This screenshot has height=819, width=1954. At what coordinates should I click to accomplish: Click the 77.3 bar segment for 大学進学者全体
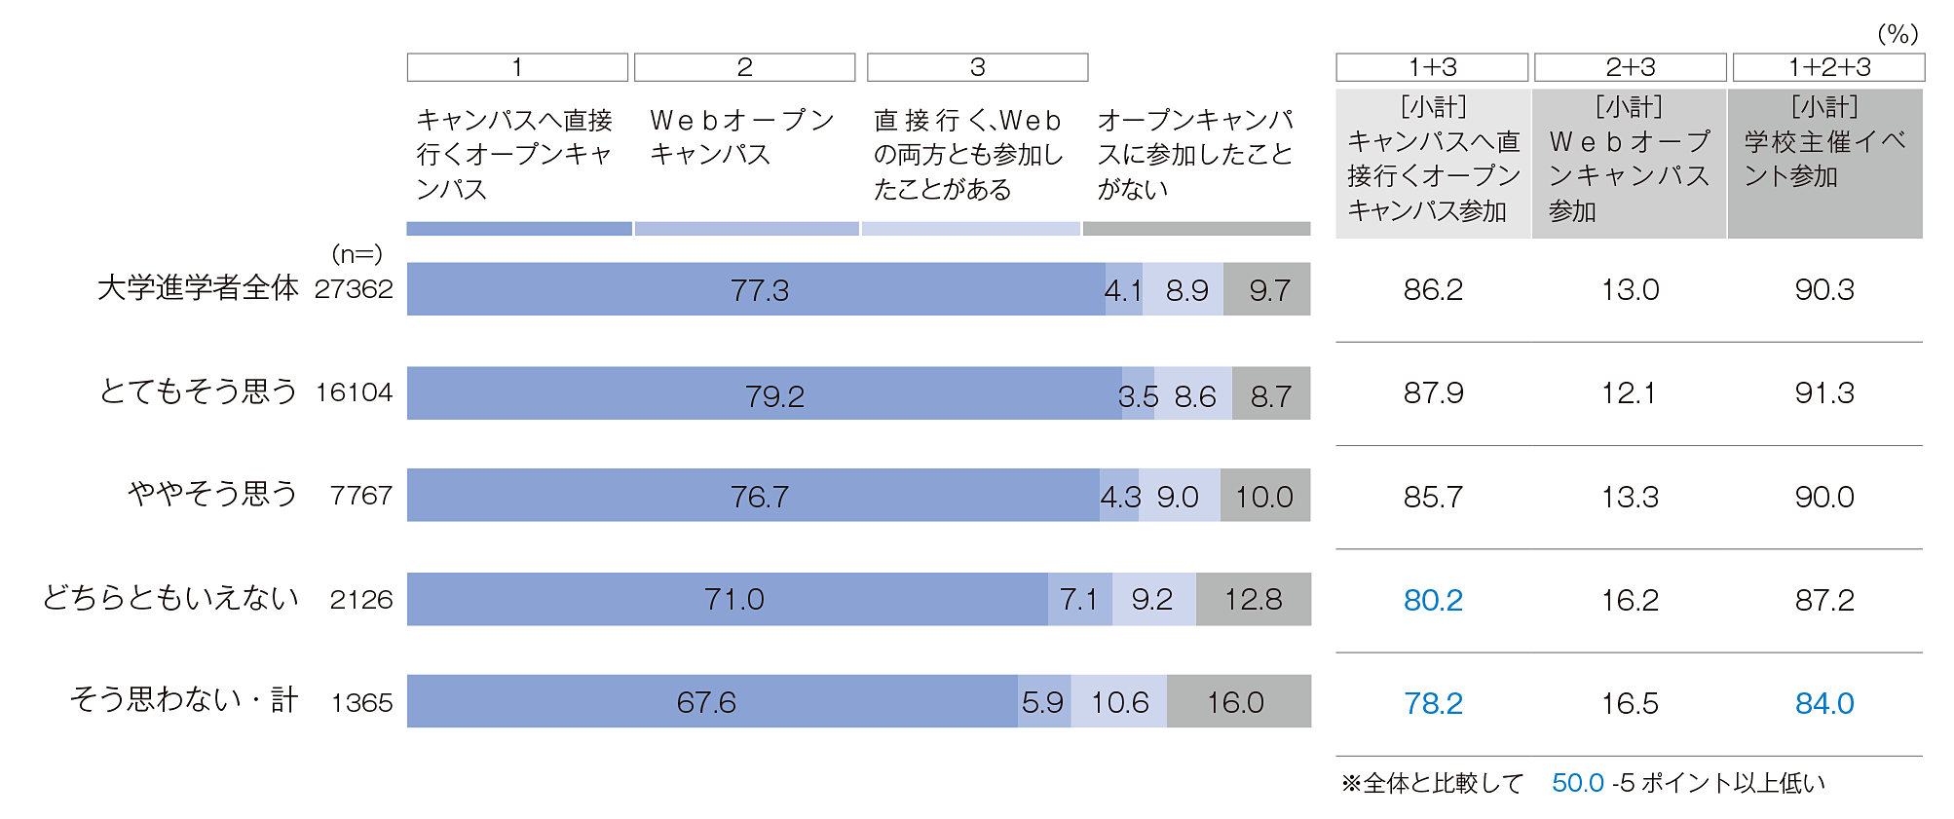coord(756,289)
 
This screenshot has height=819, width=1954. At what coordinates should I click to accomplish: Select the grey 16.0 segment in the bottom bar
coord(1238,701)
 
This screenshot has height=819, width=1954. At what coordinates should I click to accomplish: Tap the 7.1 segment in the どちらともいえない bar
coord(1079,599)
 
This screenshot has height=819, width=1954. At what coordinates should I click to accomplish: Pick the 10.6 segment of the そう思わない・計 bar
coord(1119,701)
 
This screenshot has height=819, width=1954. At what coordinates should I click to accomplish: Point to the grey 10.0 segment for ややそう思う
coord(1264,496)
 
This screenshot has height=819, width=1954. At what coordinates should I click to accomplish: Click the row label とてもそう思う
coord(198,391)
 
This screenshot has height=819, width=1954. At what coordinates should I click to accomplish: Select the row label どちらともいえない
coord(170,598)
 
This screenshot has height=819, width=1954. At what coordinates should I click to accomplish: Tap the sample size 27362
coord(354,289)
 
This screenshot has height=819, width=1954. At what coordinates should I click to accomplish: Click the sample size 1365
coord(361,702)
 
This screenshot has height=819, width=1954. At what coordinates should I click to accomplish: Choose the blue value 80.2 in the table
coord(1433,600)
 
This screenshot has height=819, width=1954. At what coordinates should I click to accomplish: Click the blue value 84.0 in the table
coord(1824,703)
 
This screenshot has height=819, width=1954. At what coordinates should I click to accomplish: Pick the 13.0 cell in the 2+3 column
coord(1630,289)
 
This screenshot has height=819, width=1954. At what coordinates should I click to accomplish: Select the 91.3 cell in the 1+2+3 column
coord(1824,392)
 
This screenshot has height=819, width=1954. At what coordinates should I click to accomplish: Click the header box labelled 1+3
coord(1432,67)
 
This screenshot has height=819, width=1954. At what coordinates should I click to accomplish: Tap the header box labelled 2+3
coord(1630,67)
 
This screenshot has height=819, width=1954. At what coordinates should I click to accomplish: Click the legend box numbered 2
coord(744,67)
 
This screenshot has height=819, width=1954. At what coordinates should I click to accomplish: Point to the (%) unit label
coord(1897,34)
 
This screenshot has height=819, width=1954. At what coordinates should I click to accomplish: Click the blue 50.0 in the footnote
coord(1577,783)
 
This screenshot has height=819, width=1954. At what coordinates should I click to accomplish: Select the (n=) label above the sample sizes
coord(357,254)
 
